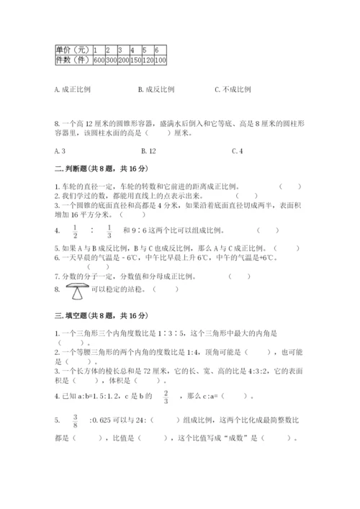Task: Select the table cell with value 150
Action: tap(136, 60)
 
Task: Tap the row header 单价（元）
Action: tap(73, 50)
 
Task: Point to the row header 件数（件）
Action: tap(73, 60)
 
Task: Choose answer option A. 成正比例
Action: tap(73, 90)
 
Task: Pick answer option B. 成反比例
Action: tap(156, 90)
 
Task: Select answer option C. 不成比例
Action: tap(233, 90)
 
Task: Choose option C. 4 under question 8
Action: tap(238, 150)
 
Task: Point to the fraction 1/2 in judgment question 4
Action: tap(75, 231)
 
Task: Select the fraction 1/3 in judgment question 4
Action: tap(109, 231)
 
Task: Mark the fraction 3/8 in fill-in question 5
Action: tap(73, 420)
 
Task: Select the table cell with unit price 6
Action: tap(157, 50)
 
